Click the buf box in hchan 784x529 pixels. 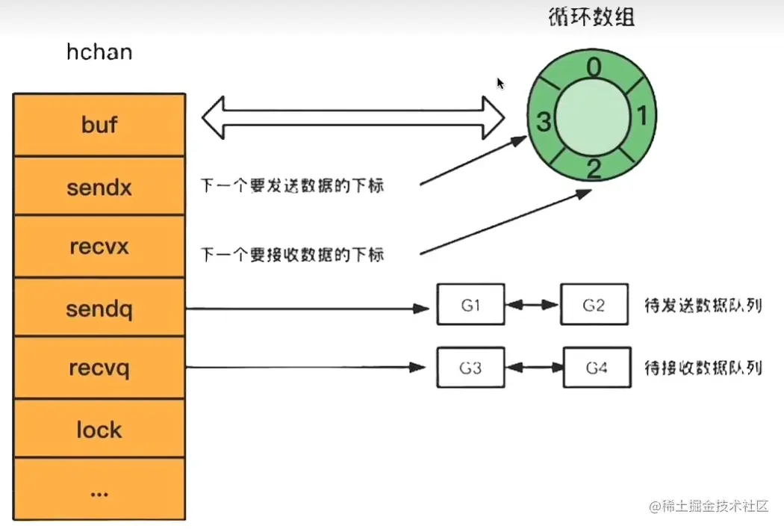pyautogui.click(x=99, y=125)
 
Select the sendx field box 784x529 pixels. pyautogui.click(x=99, y=187)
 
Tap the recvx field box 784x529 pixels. pyautogui.click(x=99, y=247)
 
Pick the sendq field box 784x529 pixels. pyautogui.click(x=99, y=308)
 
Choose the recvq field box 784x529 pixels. pyautogui.click(x=99, y=368)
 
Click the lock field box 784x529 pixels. pyautogui.click(x=99, y=430)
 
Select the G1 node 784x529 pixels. pyautogui.click(x=470, y=305)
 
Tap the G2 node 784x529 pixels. pyautogui.click(x=594, y=305)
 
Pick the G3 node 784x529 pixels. pyautogui.click(x=470, y=367)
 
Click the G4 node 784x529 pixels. pyautogui.click(x=596, y=367)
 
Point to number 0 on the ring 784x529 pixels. pyautogui.click(x=593, y=69)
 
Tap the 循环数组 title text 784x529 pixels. pyautogui.click(x=591, y=17)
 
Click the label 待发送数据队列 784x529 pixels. pyautogui.click(x=702, y=306)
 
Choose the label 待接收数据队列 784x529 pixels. pyautogui.click(x=702, y=368)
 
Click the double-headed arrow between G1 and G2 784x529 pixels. pyautogui.click(x=532, y=305)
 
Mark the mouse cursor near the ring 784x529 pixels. pyautogui.click(x=500, y=83)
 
